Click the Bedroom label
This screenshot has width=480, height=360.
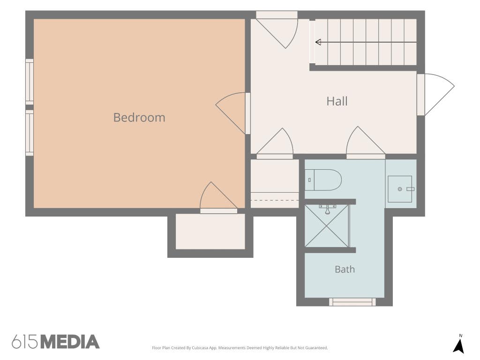click(139, 118)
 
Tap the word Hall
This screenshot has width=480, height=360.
click(337, 101)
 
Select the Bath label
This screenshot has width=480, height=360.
click(345, 270)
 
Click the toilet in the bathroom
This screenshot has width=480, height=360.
click(323, 180)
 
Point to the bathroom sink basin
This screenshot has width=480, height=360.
click(400, 189)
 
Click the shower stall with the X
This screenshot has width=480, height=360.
click(327, 225)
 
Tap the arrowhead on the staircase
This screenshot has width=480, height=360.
click(318, 42)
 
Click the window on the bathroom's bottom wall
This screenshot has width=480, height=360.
click(352, 302)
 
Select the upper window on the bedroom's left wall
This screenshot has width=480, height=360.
click(30, 82)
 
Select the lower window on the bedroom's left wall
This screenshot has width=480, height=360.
click(30, 133)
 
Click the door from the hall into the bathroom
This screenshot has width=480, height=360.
click(366, 142)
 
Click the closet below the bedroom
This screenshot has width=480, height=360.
click(210, 232)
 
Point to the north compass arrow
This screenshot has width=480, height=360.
click(458, 346)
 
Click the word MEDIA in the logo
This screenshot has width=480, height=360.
click(70, 342)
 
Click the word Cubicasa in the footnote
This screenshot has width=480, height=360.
click(200, 348)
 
